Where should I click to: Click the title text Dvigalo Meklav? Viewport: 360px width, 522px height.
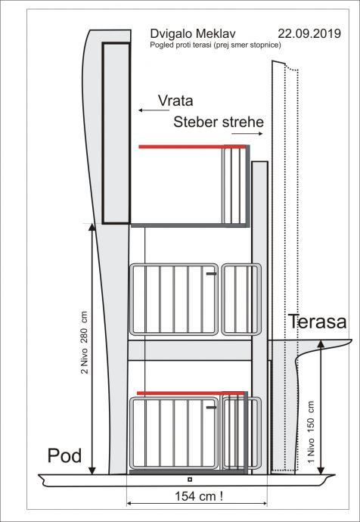point(193,34)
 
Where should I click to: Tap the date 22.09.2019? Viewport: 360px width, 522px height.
point(309,33)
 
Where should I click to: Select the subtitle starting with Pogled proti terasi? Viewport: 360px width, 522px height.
point(216,45)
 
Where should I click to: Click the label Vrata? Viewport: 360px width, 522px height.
point(175,101)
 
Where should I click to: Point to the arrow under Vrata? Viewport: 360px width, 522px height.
point(154,110)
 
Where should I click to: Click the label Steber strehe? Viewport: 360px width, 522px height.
point(219,122)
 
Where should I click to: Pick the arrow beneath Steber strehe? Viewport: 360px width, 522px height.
point(247,133)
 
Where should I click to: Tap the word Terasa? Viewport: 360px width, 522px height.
point(317,322)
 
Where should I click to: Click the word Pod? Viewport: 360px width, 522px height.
point(64,455)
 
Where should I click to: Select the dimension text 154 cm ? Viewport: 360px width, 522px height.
point(199,496)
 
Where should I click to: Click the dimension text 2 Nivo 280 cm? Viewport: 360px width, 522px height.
point(85,343)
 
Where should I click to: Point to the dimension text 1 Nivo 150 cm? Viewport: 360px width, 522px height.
point(312,432)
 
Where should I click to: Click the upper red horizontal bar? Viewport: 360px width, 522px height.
point(192,147)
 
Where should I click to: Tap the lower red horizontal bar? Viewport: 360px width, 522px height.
point(191,393)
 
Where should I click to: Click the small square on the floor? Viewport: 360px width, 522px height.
point(190,480)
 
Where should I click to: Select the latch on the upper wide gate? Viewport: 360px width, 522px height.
point(211,274)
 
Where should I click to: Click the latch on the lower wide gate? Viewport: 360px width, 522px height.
point(211,407)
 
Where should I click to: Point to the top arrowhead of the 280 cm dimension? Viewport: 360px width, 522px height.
point(92,227)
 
